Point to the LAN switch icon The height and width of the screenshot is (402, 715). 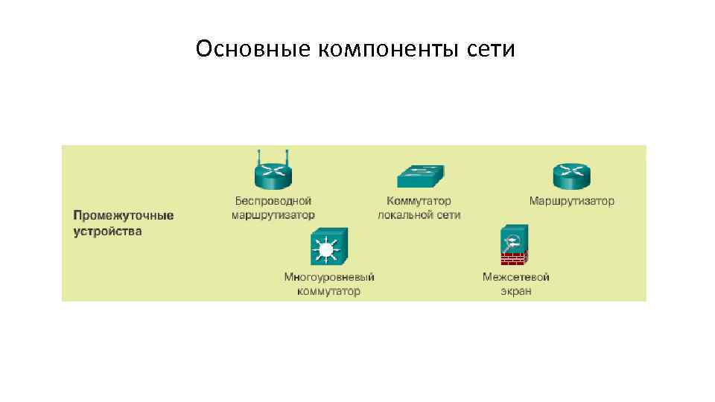(x=420, y=176)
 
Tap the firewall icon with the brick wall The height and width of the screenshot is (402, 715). (x=514, y=246)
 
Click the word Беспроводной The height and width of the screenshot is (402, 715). (x=273, y=201)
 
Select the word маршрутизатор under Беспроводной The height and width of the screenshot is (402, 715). (x=273, y=214)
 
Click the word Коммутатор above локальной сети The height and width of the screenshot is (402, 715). (x=419, y=201)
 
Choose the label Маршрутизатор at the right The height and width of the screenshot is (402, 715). (x=571, y=201)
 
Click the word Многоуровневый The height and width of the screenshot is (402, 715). (x=329, y=277)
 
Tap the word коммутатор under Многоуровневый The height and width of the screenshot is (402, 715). (x=329, y=291)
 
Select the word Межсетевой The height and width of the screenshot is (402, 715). (x=515, y=277)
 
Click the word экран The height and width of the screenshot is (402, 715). (x=515, y=291)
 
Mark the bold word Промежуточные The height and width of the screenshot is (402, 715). (x=123, y=215)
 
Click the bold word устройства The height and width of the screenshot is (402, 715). (x=107, y=231)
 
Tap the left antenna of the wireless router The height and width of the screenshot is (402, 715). (x=258, y=157)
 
